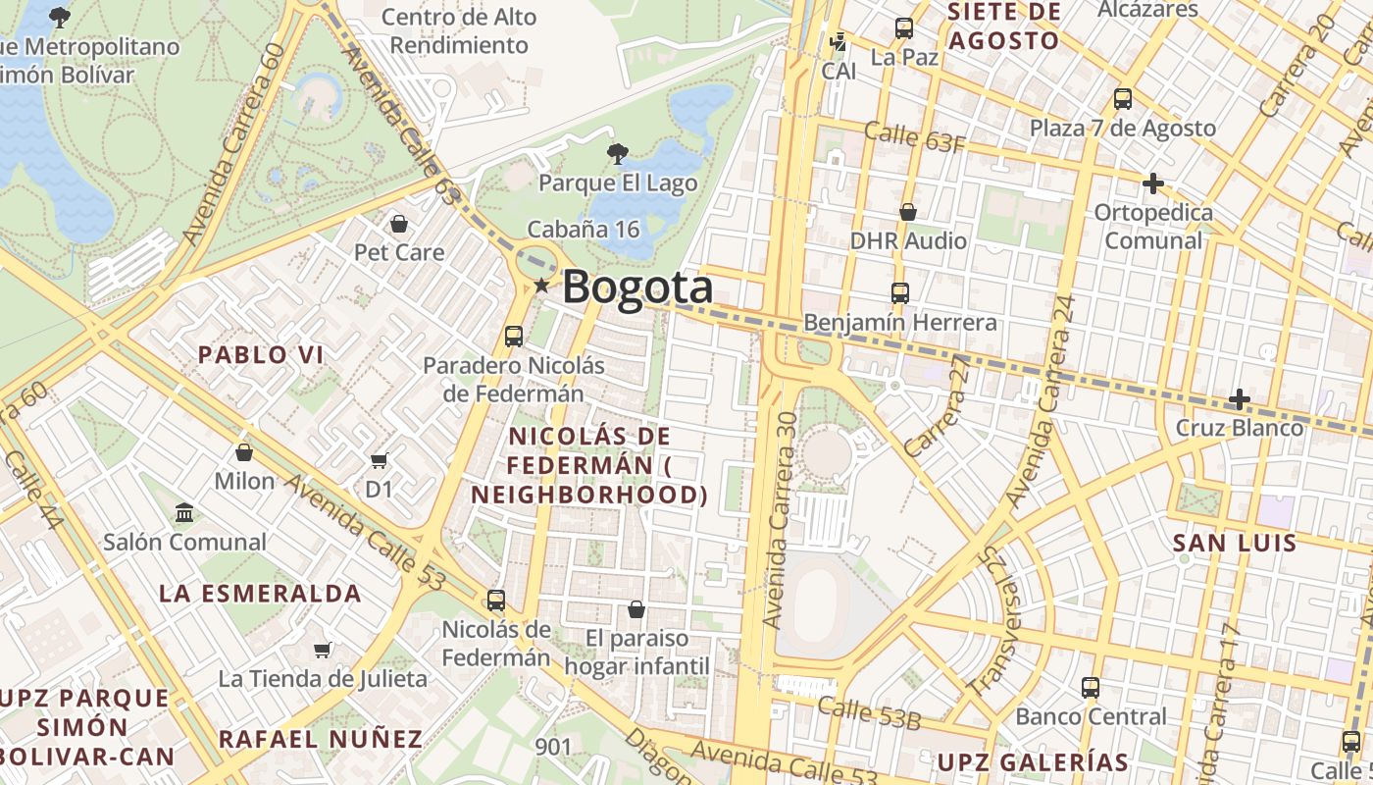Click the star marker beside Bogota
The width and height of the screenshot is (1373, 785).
(x=541, y=286)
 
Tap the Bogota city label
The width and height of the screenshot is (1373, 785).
(x=637, y=288)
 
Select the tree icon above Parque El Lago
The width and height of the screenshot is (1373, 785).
(x=617, y=153)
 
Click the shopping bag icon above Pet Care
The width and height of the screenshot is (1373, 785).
(x=399, y=224)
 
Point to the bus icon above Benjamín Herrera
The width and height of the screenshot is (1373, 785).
(x=899, y=292)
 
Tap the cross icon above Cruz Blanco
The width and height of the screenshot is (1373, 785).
(x=1240, y=399)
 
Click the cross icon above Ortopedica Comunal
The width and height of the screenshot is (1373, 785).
(x=1153, y=183)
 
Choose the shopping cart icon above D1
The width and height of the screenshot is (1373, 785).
(x=380, y=460)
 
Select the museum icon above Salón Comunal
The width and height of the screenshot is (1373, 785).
(x=184, y=512)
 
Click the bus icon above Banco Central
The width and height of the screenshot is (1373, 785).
(x=1091, y=688)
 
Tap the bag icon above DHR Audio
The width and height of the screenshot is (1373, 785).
(x=908, y=212)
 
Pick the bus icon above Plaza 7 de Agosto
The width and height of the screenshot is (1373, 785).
(x=1123, y=99)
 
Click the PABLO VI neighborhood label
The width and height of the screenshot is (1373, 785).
(x=261, y=355)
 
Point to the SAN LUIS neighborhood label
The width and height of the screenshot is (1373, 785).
(x=1235, y=543)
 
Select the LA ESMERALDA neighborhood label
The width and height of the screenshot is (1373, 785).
(x=260, y=594)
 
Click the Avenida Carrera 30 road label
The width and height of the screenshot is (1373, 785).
(x=782, y=520)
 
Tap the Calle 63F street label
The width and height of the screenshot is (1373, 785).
(x=915, y=136)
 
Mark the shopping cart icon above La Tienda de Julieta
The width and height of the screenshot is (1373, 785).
(x=323, y=650)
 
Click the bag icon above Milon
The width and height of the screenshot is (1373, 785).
(x=244, y=452)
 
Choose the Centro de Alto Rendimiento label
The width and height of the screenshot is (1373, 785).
(x=459, y=30)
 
